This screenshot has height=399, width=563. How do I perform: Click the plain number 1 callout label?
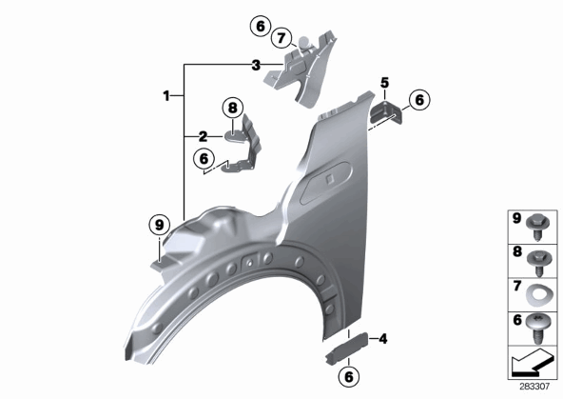point(166,96)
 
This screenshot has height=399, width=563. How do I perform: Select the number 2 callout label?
point(203,136)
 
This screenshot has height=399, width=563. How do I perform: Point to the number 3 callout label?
point(256,66)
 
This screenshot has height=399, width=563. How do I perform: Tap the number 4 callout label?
point(383,339)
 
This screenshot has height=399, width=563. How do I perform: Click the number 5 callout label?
point(384,83)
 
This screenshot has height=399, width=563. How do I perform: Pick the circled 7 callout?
point(281,38)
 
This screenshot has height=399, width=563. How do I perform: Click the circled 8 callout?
point(233,108)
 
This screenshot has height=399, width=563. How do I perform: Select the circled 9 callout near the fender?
point(159,225)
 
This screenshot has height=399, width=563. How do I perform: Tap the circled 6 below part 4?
point(349,376)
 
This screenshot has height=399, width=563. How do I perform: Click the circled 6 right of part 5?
point(419,100)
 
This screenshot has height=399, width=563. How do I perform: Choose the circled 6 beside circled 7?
point(261,27)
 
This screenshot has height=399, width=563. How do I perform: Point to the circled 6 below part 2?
point(204,158)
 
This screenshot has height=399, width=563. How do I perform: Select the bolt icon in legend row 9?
point(536,228)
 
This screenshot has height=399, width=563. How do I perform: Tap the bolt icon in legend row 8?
point(537,263)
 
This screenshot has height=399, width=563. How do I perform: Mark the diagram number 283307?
point(534,387)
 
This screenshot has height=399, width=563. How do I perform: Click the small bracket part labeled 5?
point(386,112)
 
